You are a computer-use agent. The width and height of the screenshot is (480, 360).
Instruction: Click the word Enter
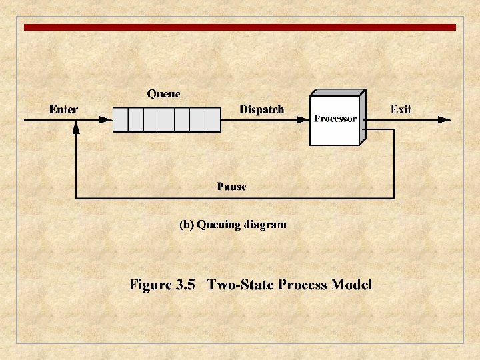point(63,109)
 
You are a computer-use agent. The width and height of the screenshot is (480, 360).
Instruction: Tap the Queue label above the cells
point(163,94)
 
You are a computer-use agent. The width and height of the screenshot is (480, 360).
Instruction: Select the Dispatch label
point(261,109)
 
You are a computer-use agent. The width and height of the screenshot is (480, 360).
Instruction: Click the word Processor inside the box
point(335,119)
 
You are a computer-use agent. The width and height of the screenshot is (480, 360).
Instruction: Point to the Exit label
point(401,109)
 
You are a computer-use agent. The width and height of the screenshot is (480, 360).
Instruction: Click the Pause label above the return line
point(231,187)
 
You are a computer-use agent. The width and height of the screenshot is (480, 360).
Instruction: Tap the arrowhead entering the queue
point(106,120)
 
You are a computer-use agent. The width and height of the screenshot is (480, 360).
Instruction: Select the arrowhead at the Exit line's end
point(445,120)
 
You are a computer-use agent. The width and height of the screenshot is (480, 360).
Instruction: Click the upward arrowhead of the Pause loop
point(76,128)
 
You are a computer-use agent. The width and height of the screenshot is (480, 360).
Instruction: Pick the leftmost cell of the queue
point(120,120)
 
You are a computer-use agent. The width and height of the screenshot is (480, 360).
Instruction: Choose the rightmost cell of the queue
point(212,120)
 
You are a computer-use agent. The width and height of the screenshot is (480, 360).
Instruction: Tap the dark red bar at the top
point(240,27)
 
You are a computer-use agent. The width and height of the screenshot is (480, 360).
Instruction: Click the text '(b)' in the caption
point(187,225)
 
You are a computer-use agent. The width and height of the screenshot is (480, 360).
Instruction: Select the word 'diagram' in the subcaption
point(265,225)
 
